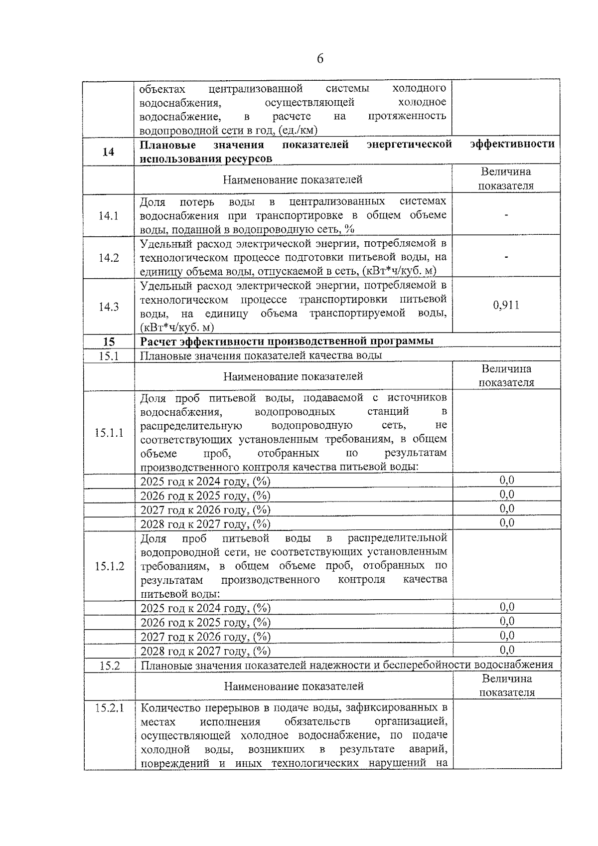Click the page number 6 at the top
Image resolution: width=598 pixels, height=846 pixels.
(320, 59)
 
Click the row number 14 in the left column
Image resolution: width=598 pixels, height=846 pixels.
(108, 152)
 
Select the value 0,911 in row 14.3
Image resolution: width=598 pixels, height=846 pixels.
(506, 305)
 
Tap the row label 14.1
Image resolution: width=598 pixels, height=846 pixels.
(108, 215)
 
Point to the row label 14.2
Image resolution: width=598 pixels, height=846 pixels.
(108, 258)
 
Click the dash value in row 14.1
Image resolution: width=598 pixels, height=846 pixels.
(506, 215)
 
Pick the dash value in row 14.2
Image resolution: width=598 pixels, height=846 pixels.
(506, 257)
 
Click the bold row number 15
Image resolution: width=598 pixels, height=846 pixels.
(109, 341)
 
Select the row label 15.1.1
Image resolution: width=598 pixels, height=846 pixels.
(109, 432)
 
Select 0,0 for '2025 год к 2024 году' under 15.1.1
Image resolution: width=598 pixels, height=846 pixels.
(507, 480)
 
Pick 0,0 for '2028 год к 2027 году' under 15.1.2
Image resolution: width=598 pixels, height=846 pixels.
(507, 650)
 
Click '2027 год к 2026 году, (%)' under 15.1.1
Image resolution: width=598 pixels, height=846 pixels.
(205, 510)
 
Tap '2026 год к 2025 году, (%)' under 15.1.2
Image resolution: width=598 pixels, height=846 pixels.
(205, 623)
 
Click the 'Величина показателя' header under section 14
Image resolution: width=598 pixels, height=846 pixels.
(506, 179)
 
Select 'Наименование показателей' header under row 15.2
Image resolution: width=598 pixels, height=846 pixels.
(294, 686)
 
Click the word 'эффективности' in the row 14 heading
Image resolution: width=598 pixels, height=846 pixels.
(512, 144)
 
